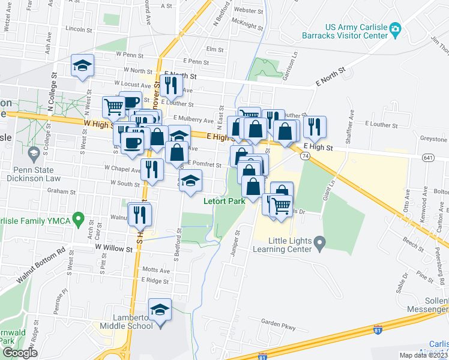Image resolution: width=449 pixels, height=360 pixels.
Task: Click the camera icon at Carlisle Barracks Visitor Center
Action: [x=395, y=29]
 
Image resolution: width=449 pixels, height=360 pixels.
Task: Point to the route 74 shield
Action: [x=306, y=156]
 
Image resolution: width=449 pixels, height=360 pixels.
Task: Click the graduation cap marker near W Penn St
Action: [x=83, y=66]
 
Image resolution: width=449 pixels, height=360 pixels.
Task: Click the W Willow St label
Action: [x=113, y=247]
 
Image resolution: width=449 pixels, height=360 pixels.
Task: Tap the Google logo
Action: [x=20, y=353]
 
